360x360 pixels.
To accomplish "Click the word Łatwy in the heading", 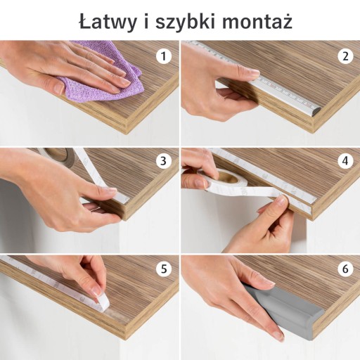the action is click(108, 21).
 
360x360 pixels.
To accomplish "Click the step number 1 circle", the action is click(163, 56).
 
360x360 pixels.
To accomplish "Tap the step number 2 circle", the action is click(345, 56).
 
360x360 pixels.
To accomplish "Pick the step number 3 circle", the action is click(163, 161).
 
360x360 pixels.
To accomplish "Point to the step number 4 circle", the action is click(345, 161).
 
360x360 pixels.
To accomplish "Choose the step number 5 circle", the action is click(163, 269).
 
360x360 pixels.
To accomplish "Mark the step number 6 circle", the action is click(345, 269).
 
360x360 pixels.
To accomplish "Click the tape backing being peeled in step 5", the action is click(102, 301).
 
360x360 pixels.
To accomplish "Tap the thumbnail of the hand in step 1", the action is click(58, 89).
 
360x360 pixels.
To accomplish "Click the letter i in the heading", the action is click(146, 21).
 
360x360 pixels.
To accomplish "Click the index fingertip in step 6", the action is click(279, 337).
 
